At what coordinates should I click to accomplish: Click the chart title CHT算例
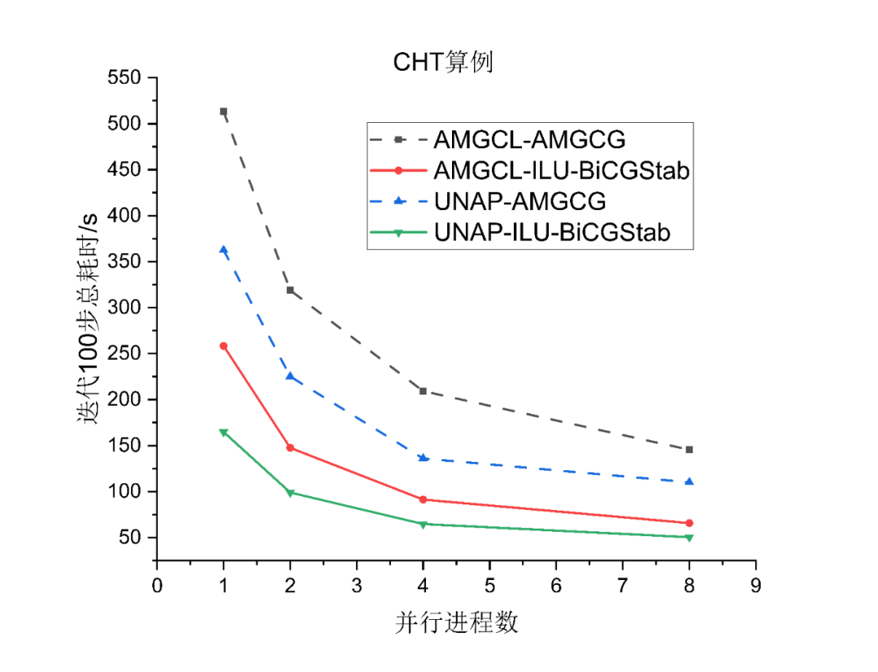(x=443, y=63)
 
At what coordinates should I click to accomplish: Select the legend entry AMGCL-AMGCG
(x=529, y=139)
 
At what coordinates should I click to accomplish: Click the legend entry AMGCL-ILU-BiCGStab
(x=562, y=170)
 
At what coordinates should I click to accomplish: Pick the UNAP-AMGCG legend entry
(x=520, y=201)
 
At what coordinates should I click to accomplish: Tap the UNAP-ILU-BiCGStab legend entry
(x=553, y=233)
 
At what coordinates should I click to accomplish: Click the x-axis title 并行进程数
(x=457, y=623)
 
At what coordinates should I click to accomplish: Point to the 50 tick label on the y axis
(x=130, y=538)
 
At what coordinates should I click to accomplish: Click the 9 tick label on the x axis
(x=755, y=585)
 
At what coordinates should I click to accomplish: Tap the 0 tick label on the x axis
(x=157, y=585)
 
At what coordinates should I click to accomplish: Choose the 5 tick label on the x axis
(x=489, y=585)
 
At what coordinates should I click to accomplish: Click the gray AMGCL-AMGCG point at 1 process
(x=224, y=111)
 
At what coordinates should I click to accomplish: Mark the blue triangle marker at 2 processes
(x=290, y=376)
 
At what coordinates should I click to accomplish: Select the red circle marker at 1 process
(x=224, y=346)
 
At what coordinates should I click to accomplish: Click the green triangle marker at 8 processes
(x=689, y=538)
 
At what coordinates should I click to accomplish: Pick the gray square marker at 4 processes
(x=423, y=391)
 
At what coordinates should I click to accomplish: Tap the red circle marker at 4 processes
(x=423, y=500)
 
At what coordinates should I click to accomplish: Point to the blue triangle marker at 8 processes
(x=689, y=482)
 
